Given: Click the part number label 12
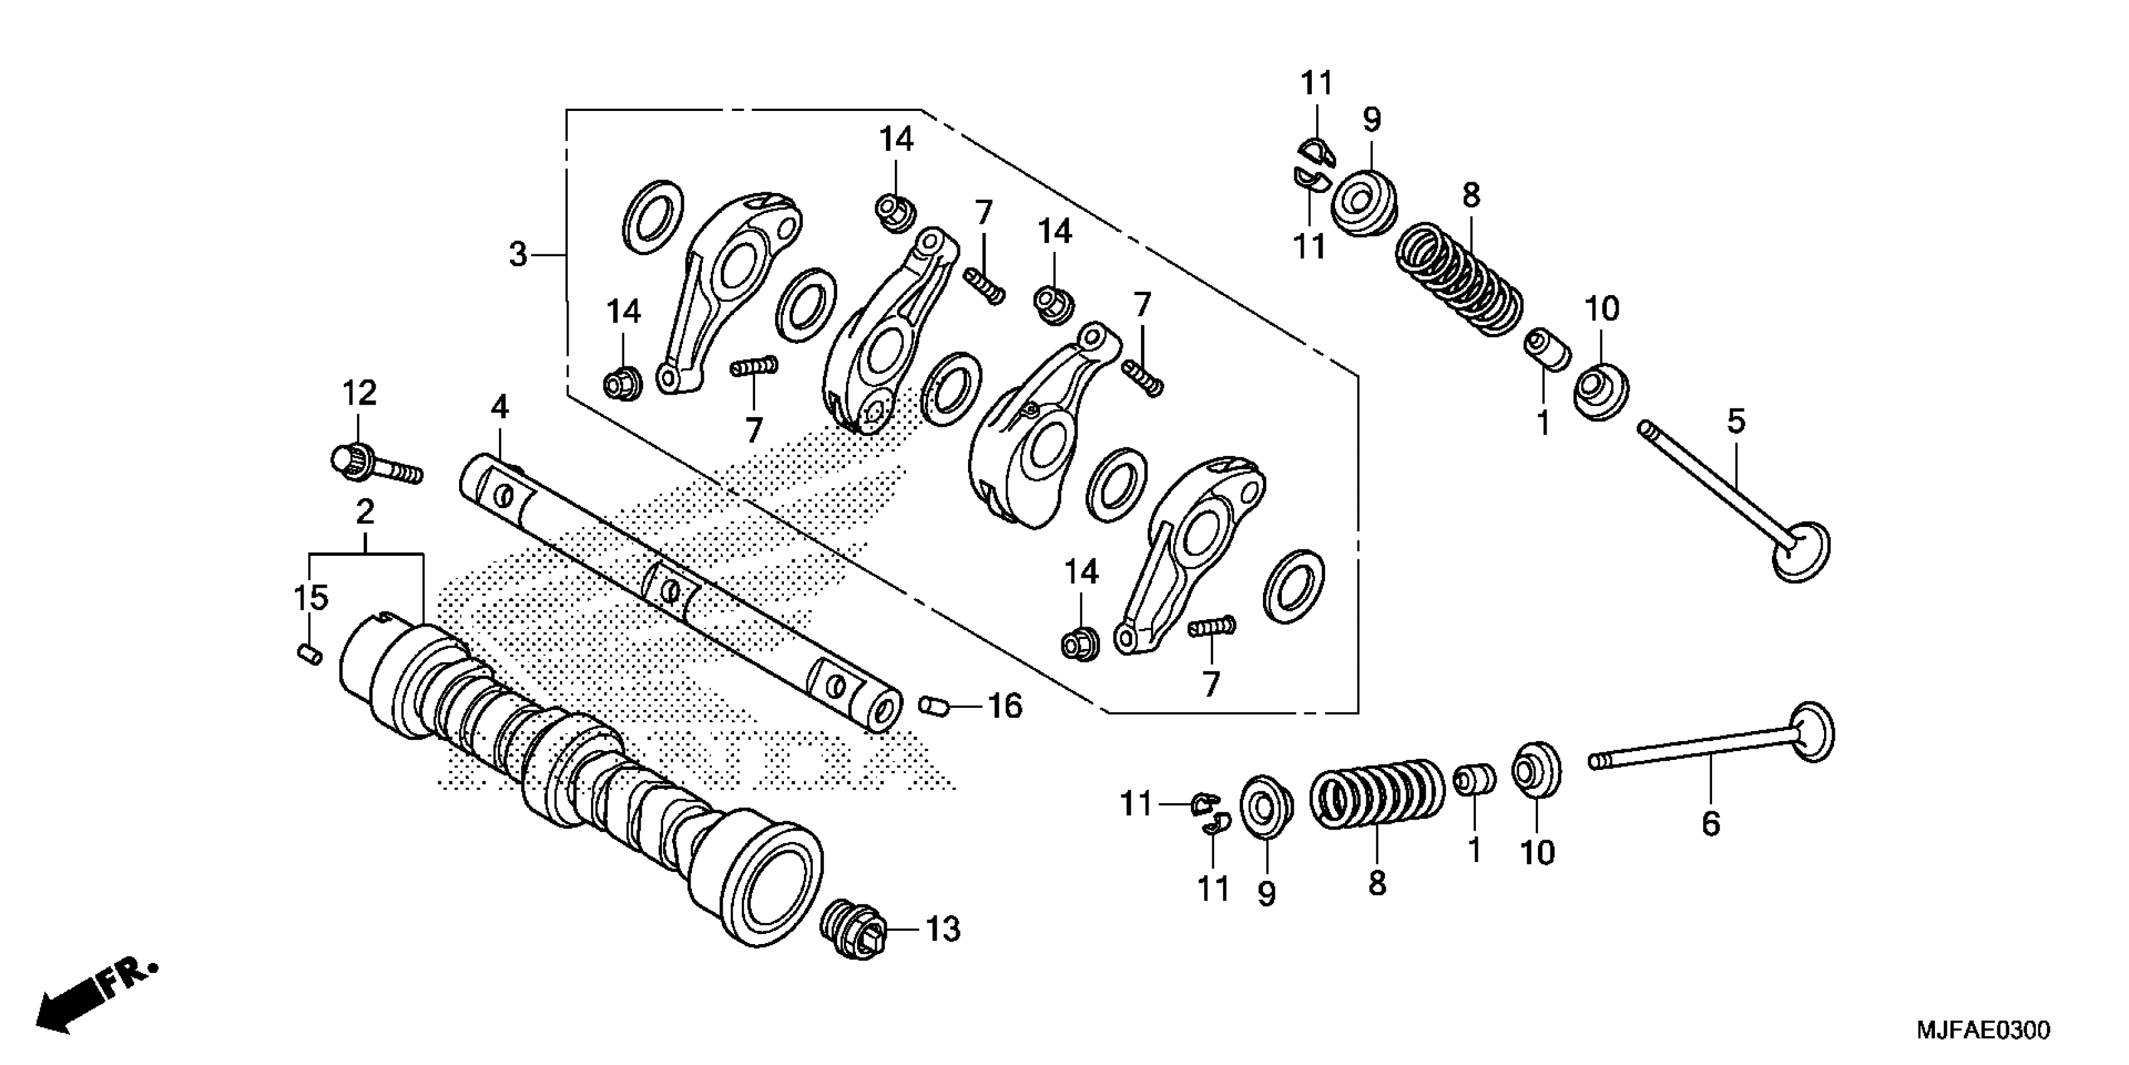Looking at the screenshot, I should pyautogui.click(x=359, y=393).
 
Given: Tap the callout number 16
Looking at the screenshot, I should pyautogui.click(x=1005, y=706).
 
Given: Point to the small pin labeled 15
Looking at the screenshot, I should pyautogui.click(x=309, y=654).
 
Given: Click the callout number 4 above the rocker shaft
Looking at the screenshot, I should pyautogui.click(x=499, y=407).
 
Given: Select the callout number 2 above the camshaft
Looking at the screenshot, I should pyautogui.click(x=364, y=512).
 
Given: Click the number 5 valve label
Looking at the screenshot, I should pyautogui.click(x=1736, y=422).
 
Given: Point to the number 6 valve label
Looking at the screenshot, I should pyautogui.click(x=1710, y=824).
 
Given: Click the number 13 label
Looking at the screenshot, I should pyautogui.click(x=942, y=930).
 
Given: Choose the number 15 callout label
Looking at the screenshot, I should pyautogui.click(x=311, y=597).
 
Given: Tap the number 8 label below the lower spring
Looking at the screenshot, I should pyautogui.click(x=1376, y=884).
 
